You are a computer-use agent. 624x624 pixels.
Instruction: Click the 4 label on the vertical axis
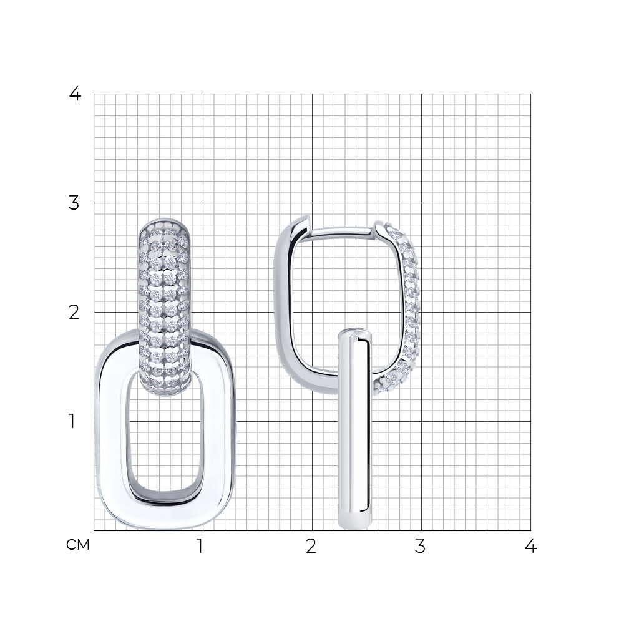pos(75,94)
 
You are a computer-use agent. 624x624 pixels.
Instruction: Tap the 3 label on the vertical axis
pos(74,203)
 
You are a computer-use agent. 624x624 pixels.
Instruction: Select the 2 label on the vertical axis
pos(74,313)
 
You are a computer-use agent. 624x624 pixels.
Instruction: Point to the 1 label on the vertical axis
pos(72,421)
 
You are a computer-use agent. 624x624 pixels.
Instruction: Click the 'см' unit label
pos(78,545)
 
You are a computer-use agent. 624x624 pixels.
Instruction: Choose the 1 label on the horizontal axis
pos(200,546)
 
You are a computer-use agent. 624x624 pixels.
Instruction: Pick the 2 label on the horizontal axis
pos(311,546)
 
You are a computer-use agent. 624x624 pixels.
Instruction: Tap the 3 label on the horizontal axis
pos(420,546)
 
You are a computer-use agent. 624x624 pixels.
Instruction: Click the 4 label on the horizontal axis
pos(530,546)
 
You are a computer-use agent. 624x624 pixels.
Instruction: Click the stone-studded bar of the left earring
pos(164,307)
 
